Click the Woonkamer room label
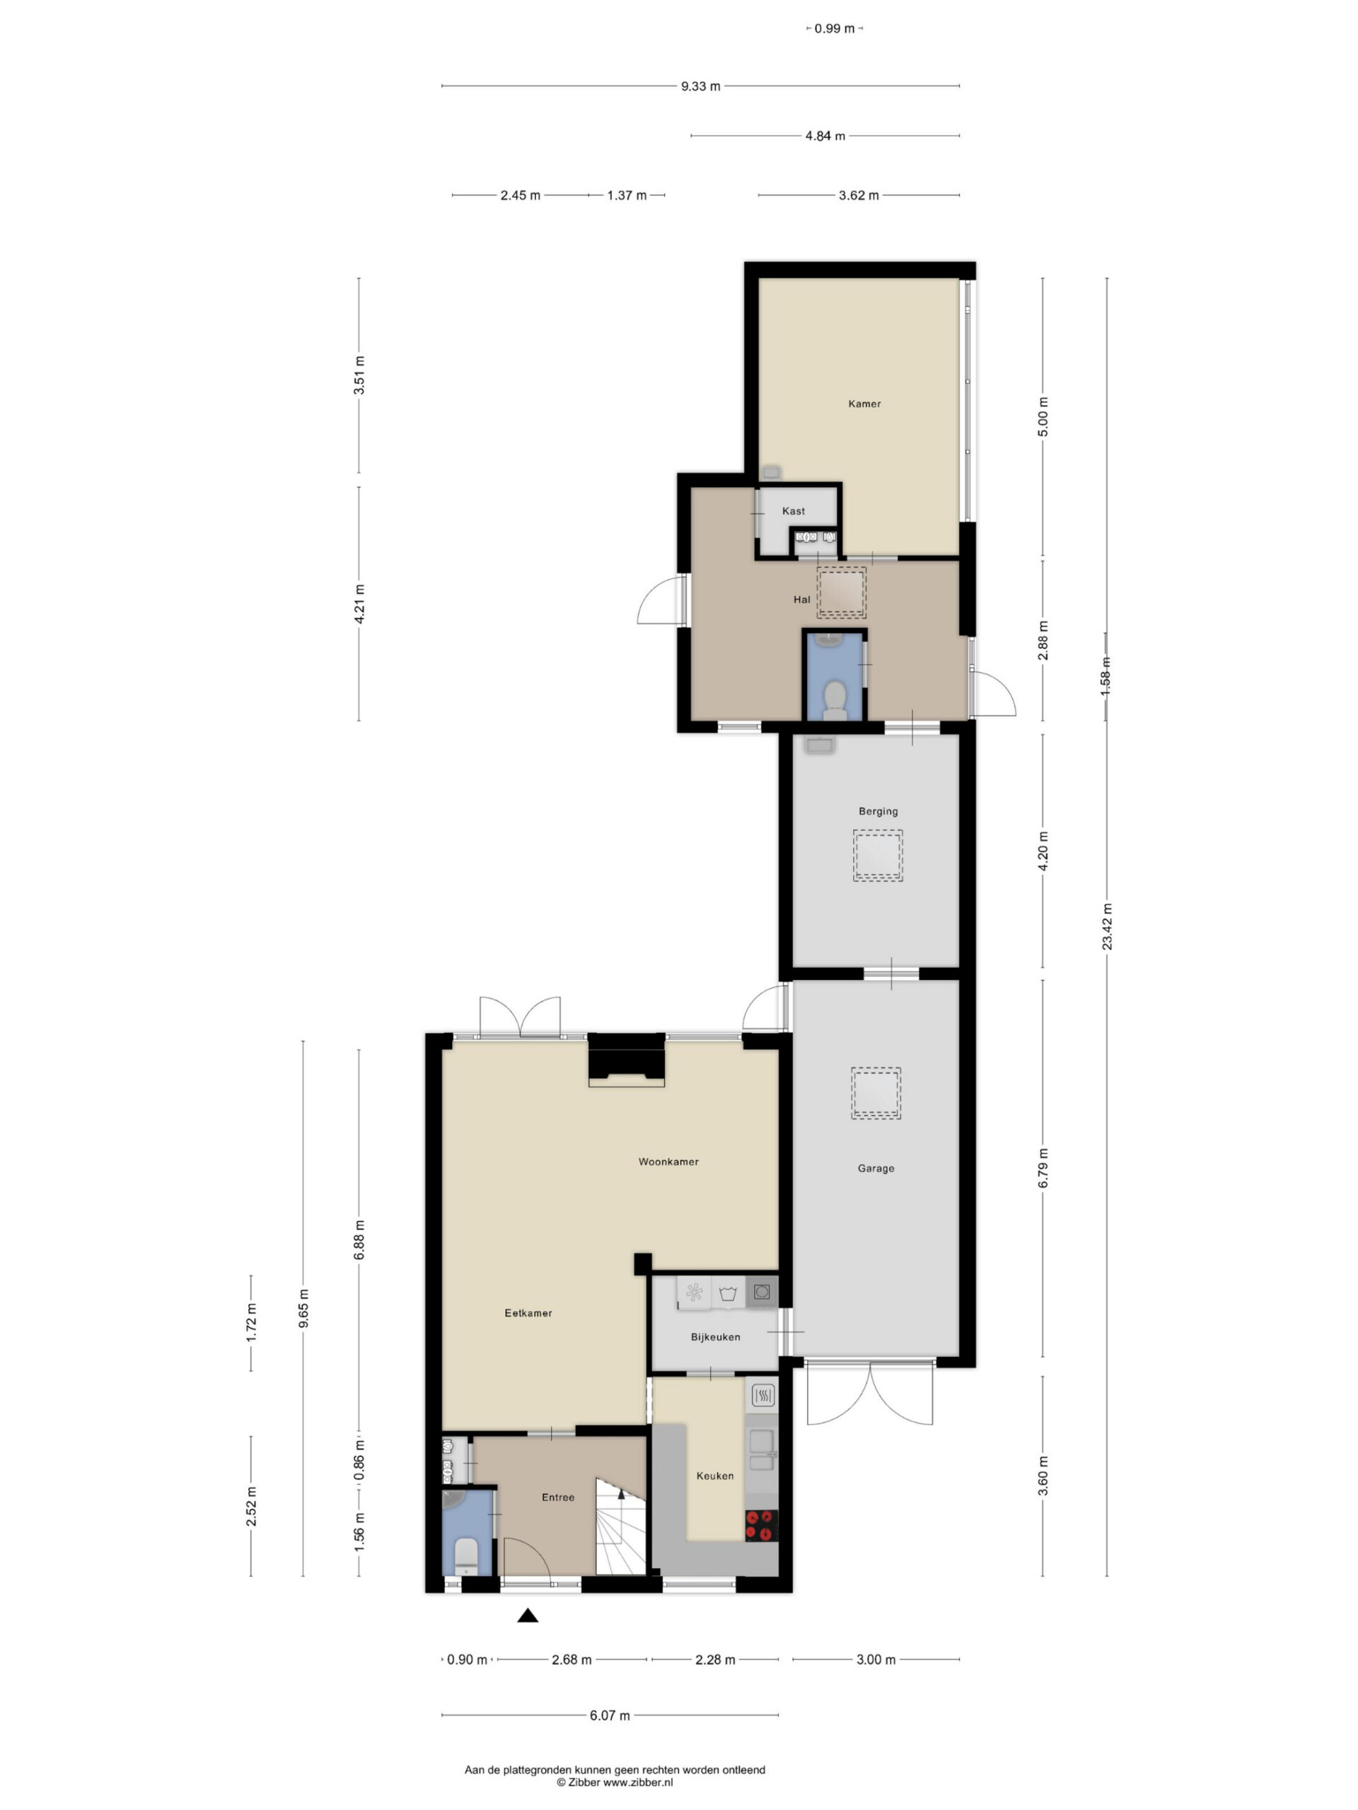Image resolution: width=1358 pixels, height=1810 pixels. point(668,1161)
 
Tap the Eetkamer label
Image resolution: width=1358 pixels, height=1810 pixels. point(528,1312)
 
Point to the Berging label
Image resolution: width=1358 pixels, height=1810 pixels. point(878,811)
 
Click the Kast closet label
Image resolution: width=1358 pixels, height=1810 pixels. point(793,510)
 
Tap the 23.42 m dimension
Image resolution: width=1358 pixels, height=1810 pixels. point(1107,926)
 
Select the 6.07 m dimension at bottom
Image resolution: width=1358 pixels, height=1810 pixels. point(610,1715)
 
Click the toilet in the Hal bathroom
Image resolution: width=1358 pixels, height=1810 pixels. point(834,701)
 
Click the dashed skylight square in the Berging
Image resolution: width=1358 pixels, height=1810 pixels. point(878,855)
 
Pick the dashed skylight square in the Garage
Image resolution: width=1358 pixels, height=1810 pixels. point(876,1093)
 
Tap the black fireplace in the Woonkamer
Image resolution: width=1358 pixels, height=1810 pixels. point(626,1060)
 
